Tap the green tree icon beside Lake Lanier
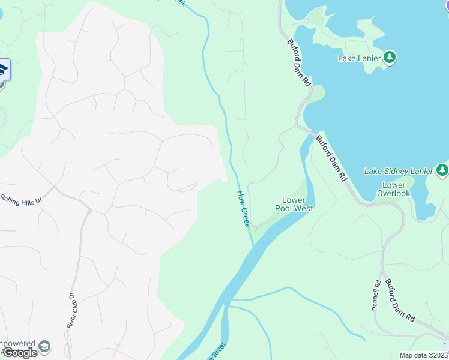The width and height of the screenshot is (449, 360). tap(390, 58)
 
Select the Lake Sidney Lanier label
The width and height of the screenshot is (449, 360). tap(399, 171)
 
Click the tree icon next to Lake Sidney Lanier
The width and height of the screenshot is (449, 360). tap(442, 170)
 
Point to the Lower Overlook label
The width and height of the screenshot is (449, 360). tap(394, 190)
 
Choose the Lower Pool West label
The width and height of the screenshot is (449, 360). tap(294, 204)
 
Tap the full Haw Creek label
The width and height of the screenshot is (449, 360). tap(243, 208)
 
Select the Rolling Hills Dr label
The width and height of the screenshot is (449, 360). tap(20, 200)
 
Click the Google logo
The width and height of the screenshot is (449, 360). tap(20, 353)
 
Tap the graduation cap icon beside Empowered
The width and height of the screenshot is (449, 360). tap(44, 347)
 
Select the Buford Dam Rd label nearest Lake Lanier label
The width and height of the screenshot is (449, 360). tap(298, 63)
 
